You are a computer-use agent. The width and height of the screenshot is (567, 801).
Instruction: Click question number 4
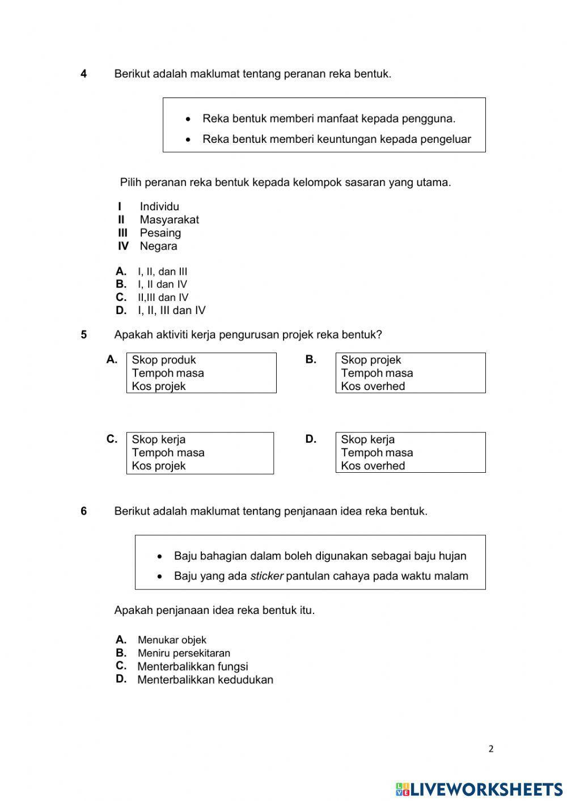coord(84,74)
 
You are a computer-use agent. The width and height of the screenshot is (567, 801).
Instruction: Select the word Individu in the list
coord(159,207)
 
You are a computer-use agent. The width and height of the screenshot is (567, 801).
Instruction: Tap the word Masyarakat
coord(169,220)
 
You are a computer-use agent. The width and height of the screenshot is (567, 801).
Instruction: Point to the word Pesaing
coord(160,233)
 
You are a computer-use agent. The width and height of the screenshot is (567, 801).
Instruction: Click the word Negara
coord(158,246)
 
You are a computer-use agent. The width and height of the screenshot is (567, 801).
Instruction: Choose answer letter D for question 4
coord(121,310)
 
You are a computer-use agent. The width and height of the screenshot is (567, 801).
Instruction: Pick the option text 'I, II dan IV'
coord(162,285)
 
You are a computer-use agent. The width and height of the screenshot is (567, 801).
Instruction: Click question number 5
coord(84,334)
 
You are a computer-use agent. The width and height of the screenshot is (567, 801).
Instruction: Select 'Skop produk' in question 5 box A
coord(163,360)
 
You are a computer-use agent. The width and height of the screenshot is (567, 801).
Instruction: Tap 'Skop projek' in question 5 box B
coord(371,360)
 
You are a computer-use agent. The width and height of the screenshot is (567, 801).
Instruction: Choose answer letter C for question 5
coord(112,439)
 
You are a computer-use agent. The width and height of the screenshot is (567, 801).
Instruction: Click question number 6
coord(84,511)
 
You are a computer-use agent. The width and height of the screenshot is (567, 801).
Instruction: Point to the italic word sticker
coord(266,577)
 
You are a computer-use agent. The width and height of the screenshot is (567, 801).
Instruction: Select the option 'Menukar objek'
coord(172,641)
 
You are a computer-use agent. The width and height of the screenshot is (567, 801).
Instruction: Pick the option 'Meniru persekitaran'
coord(184,653)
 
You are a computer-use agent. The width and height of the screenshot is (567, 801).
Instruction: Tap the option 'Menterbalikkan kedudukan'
coord(205,680)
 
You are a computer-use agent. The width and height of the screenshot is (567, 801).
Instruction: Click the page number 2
coord(491,749)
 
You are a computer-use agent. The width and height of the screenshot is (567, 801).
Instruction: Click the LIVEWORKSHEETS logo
coord(479,789)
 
